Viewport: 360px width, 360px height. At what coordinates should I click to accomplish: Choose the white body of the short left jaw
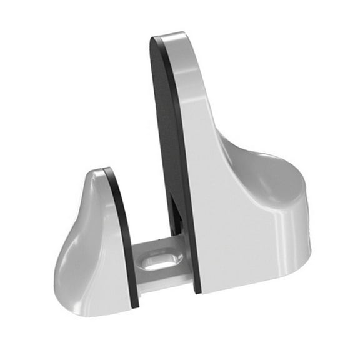[x=91, y=250]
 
